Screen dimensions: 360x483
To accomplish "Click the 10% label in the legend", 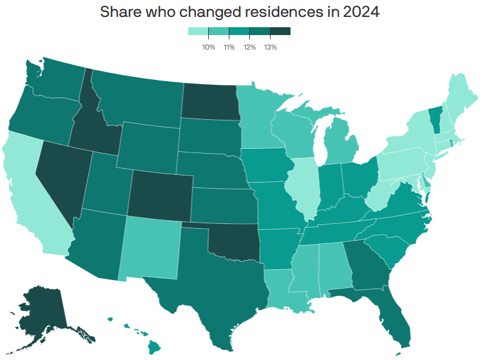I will [x=208, y=47].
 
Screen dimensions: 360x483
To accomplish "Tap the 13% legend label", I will [x=270, y=47].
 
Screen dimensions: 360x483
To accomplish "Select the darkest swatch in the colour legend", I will [x=280, y=31].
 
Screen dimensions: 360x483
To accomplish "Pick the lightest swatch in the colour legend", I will [x=198, y=31].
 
